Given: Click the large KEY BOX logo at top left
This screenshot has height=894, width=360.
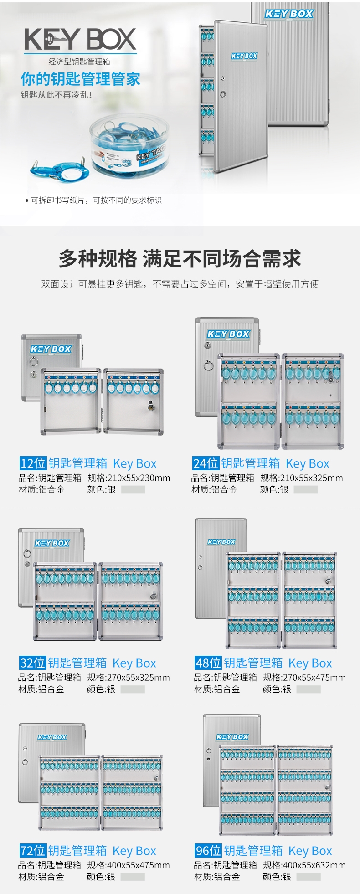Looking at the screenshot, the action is tap(80, 39).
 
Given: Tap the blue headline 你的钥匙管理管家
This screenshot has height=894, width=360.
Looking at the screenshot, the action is tap(80, 79).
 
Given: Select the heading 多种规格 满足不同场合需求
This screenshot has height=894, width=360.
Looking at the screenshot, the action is tap(180, 259).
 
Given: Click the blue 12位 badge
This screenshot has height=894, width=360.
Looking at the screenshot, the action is tap(33, 463).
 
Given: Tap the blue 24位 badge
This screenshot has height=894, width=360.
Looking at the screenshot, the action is tap(206, 463).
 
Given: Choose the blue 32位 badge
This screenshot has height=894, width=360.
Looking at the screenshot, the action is tap(32, 663).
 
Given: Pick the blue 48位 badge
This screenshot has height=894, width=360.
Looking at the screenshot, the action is tap(208, 663).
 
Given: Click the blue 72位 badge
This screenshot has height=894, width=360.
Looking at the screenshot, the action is tap(32, 851).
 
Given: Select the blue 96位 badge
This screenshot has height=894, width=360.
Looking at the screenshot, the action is tap(208, 851).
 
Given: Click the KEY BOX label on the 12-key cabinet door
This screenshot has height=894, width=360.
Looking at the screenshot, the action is tap(51, 349).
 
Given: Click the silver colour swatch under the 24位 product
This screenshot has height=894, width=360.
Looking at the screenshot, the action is tap(306, 490).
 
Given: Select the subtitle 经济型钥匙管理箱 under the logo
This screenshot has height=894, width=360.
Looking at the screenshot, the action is tap(80, 62).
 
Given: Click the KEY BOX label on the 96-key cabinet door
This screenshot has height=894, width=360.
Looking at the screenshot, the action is tap(232, 737).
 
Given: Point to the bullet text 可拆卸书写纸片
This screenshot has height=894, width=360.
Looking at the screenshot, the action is tap(58, 200).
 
